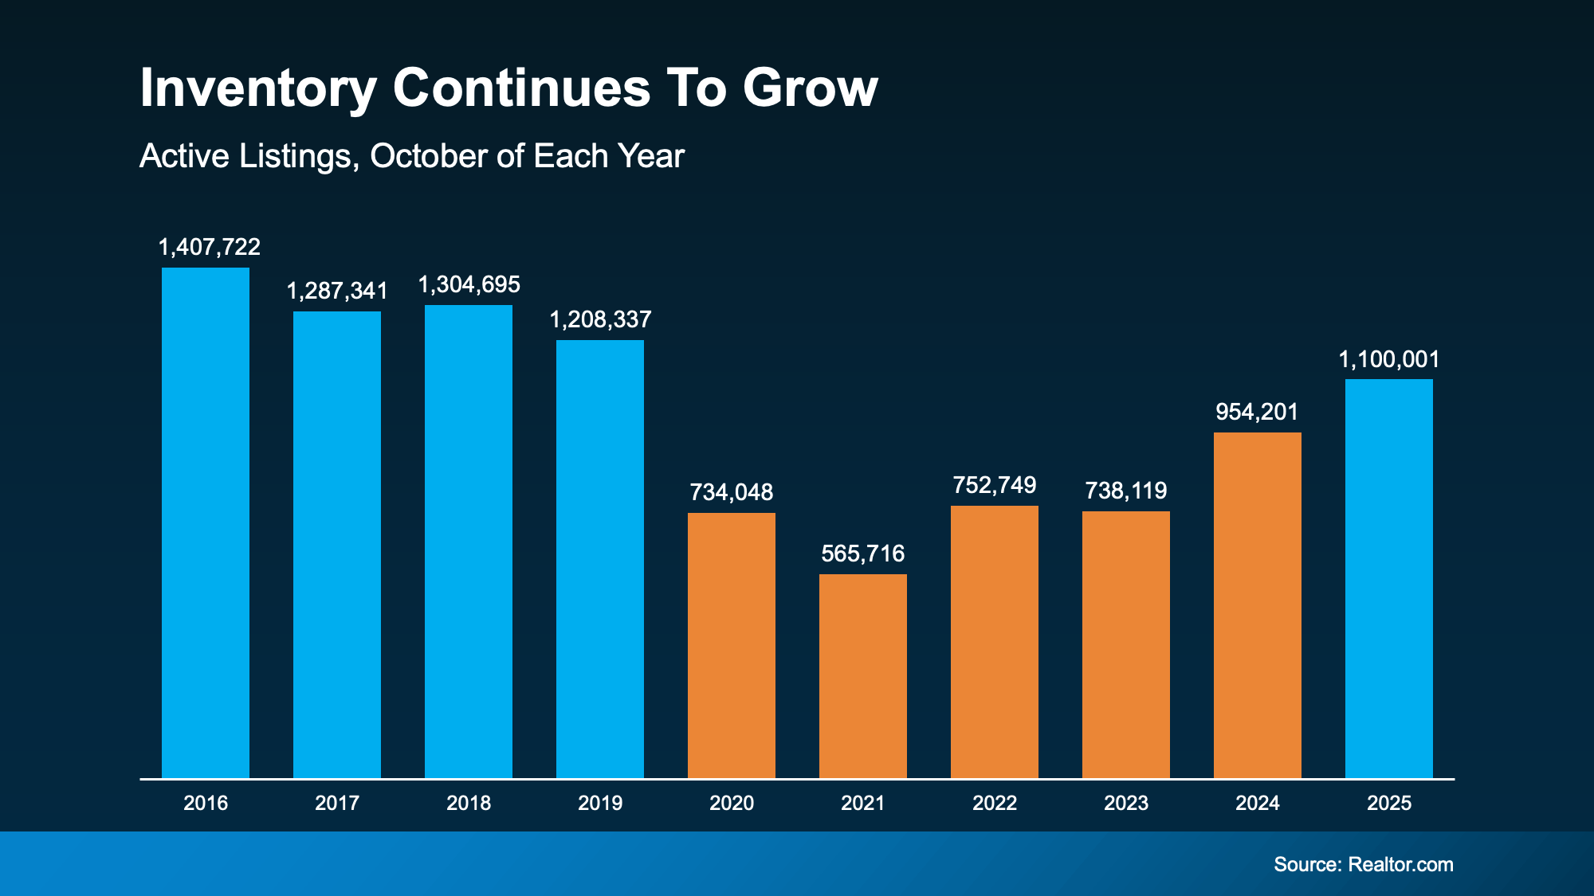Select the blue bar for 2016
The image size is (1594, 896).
coord(206,522)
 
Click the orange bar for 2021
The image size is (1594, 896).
coord(863,675)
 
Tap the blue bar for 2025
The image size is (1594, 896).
coord(1389,578)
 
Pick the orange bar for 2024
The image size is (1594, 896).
coord(1258,605)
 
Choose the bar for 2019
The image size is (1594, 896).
coord(600,559)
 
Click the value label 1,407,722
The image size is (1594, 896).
coord(210,247)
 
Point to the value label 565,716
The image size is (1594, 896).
coord(863,554)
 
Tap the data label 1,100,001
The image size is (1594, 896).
coord(1389,359)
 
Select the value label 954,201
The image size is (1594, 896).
coord(1257,412)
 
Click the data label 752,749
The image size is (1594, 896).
coord(995,485)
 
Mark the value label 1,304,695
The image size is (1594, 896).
coord(469,284)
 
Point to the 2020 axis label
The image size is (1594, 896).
coord(732,803)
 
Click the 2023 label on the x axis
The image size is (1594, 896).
coord(1126,803)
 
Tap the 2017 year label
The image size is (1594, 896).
coord(337,803)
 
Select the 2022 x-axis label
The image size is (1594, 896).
coord(995,803)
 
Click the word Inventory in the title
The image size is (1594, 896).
coord(258,88)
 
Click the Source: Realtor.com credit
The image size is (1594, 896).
coord(1363,864)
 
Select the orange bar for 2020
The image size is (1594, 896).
coord(732,645)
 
